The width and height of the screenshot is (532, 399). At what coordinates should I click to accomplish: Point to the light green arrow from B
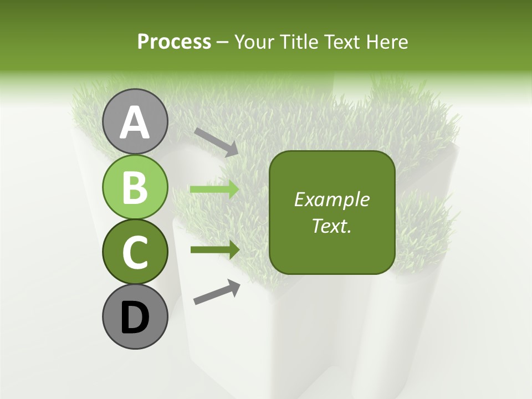tap(214, 190)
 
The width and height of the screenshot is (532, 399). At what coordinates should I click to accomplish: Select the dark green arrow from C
tap(214, 249)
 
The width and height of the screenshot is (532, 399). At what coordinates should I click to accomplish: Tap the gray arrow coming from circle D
tap(217, 292)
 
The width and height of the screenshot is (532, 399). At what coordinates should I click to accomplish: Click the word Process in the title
tap(174, 42)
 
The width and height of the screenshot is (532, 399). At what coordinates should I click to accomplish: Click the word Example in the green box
tap(332, 199)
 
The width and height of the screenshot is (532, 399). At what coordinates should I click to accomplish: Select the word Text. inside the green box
tap(331, 226)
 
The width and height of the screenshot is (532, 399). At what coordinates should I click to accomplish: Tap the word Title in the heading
tap(298, 42)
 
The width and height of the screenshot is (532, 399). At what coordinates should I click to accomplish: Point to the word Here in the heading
tap(387, 42)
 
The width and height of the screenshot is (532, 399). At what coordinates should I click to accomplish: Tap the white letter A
tap(135, 122)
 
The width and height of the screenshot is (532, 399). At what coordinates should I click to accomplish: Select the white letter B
tap(135, 187)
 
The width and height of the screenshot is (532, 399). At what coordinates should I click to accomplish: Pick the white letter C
tap(135, 252)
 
